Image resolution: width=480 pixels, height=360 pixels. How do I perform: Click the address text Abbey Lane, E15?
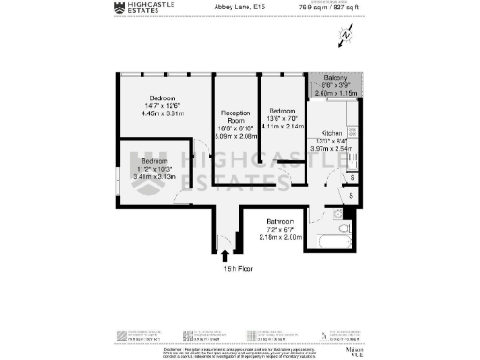coord(270,7)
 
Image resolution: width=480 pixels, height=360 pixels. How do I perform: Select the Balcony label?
coord(336,77)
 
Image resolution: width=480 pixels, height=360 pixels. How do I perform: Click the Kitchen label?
coord(332,133)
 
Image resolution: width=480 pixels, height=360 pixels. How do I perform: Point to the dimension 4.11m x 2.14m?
coord(280,124)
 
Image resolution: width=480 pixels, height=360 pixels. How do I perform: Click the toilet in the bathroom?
coord(344,228)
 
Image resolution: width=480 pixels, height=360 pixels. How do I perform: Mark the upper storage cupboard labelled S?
coord(351,176)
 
